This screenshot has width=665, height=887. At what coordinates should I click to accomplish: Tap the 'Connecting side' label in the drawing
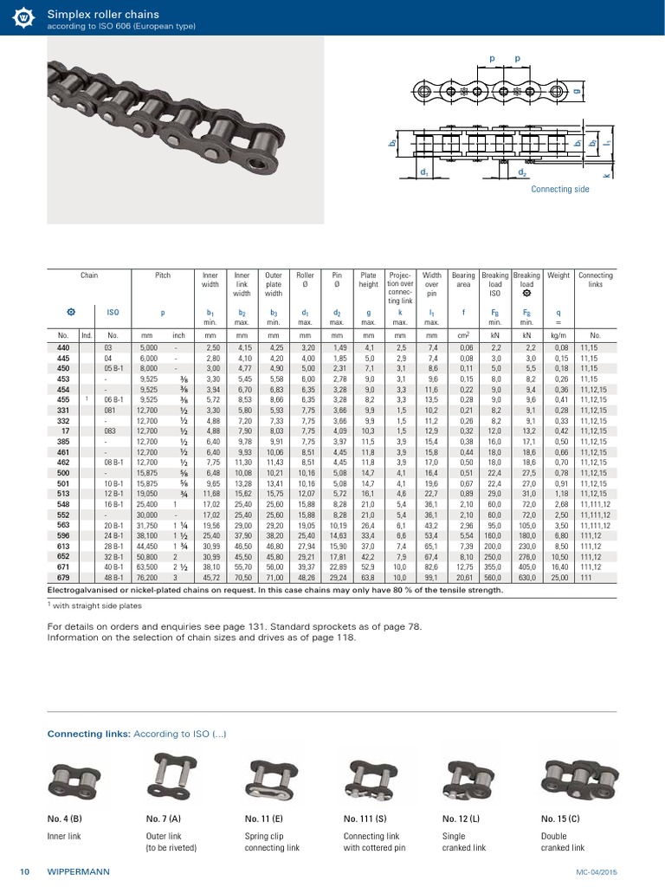558,189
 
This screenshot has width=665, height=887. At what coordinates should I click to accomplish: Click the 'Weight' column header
558,275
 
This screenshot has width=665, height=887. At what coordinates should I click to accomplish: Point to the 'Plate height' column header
368,280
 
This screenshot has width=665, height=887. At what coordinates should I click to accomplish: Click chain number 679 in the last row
63,578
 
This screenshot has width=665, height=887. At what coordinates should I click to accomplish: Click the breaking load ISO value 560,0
495,578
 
